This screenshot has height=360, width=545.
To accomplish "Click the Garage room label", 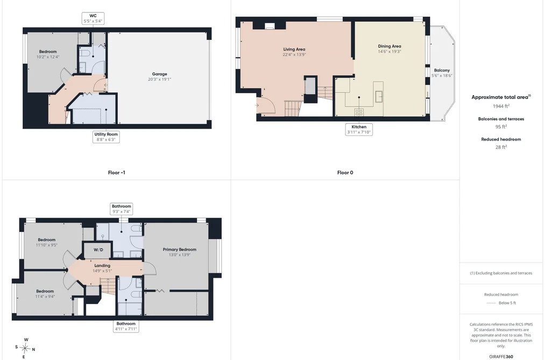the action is (x=160, y=74).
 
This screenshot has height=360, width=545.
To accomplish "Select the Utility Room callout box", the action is (x=106, y=137).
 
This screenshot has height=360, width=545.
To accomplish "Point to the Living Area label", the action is (x=294, y=50).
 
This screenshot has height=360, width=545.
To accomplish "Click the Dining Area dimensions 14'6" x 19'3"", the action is (x=390, y=52).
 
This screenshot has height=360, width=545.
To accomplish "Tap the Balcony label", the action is (x=442, y=70).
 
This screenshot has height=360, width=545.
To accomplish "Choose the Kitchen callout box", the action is (x=359, y=129).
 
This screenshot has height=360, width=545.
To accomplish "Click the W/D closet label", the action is (x=98, y=250).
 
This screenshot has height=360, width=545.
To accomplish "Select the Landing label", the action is (x=102, y=265).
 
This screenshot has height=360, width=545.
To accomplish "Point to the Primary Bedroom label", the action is (x=179, y=250).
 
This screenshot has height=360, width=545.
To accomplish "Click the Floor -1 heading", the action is (x=116, y=172).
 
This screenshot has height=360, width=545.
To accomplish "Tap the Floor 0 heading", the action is (x=345, y=172).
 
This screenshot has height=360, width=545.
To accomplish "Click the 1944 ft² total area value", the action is (x=501, y=106).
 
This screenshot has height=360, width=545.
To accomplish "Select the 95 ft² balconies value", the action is (x=501, y=126).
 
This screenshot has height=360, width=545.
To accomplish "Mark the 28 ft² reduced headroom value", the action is (x=501, y=147).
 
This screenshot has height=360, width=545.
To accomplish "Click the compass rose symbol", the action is (x=25, y=348).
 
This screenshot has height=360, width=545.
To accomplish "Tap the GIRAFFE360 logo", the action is (x=501, y=357).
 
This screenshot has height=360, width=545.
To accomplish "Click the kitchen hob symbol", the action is (x=359, y=112).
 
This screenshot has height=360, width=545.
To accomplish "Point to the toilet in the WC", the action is (x=84, y=53).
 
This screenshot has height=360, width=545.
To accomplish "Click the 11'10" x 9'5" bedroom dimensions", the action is (x=47, y=245).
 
